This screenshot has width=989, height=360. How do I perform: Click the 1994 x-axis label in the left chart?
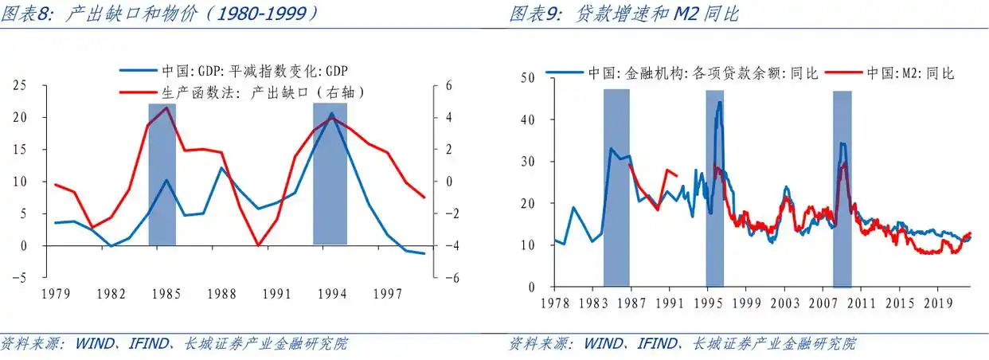331,294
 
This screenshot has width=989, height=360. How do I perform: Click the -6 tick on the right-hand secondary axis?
448,278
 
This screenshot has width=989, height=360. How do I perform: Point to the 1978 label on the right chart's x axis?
554,303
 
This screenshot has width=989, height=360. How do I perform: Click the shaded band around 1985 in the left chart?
162,175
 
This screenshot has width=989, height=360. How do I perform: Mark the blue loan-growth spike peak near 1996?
720,102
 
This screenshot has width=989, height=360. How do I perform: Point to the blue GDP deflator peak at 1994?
331,114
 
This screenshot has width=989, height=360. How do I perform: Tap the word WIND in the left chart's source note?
94,344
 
